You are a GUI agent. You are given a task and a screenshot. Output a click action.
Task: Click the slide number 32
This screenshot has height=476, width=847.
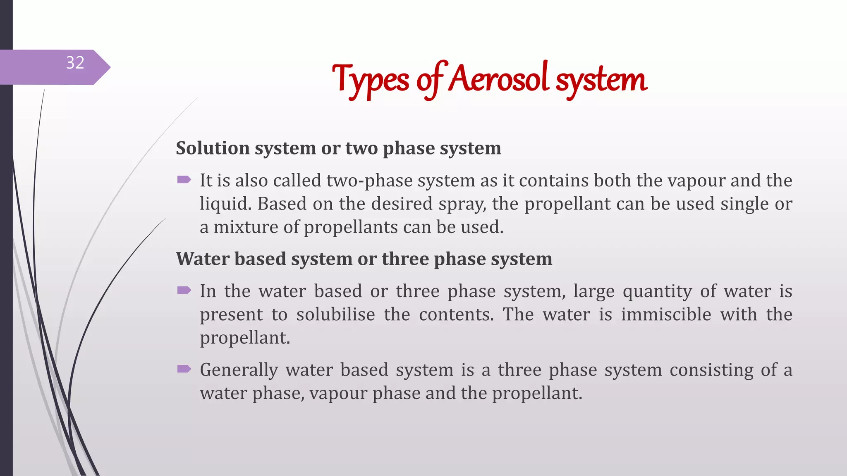tap(75, 63)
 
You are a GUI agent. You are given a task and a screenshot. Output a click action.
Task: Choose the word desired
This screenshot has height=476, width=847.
tap(401, 204)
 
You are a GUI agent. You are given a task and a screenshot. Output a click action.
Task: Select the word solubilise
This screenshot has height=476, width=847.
tap(335, 314)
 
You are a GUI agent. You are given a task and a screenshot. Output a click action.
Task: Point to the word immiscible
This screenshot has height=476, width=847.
tap(666, 314)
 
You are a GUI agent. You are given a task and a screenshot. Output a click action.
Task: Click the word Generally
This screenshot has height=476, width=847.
tap(239, 370)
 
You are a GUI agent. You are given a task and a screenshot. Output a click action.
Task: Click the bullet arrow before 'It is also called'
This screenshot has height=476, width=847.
tap(184, 179)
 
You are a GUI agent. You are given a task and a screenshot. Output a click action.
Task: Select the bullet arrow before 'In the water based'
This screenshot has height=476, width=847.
tap(184, 290)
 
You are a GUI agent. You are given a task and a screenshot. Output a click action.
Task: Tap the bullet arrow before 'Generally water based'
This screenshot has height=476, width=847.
tap(184, 369)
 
